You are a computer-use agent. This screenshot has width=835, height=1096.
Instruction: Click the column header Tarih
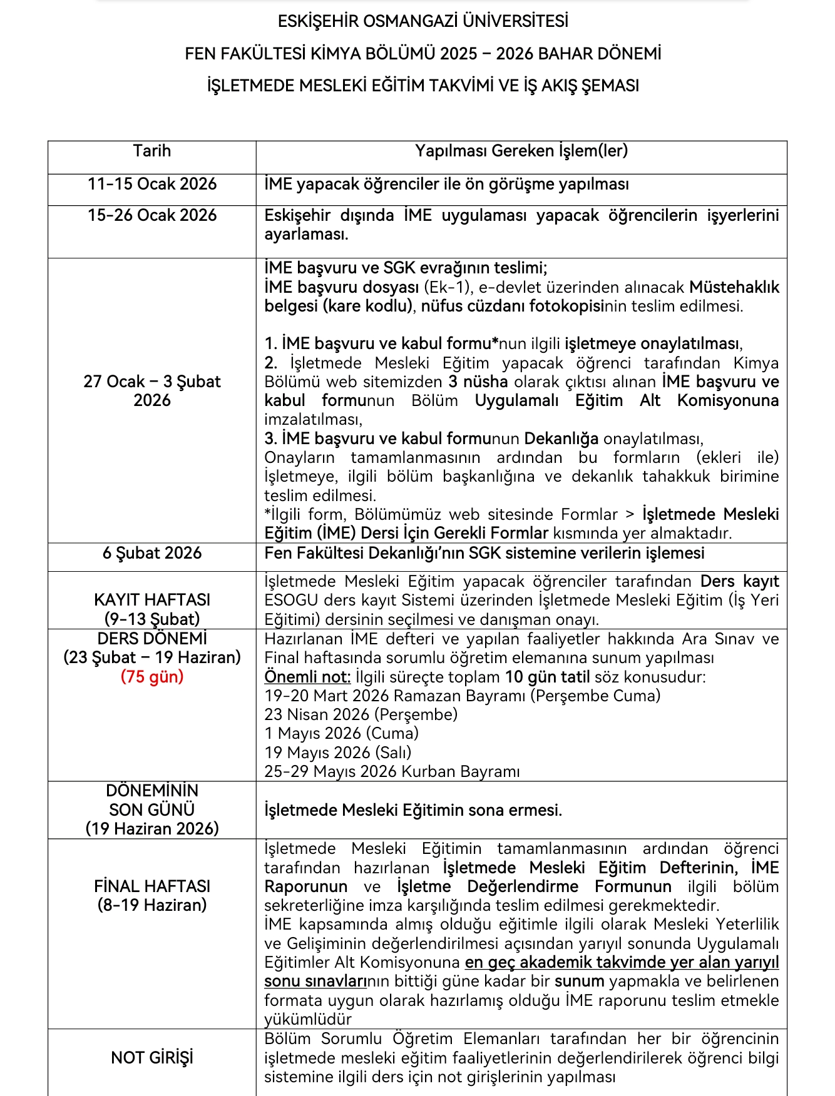[x=152, y=151]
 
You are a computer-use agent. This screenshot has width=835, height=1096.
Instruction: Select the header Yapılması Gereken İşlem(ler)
[x=521, y=151]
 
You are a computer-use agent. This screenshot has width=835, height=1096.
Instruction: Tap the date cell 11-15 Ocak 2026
[x=152, y=184]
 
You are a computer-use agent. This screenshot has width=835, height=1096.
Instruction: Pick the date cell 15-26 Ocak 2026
[x=152, y=215]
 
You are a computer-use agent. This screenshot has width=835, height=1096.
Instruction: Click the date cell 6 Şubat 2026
[x=152, y=553]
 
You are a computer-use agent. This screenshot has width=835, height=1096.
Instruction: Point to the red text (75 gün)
[x=152, y=677]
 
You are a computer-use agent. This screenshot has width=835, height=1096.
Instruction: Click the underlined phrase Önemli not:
[x=307, y=677]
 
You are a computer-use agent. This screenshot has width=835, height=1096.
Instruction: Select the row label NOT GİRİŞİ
[x=152, y=1057]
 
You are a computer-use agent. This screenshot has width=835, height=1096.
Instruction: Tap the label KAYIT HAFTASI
[x=152, y=599]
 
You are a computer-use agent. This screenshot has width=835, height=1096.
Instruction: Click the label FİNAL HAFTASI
[x=152, y=886]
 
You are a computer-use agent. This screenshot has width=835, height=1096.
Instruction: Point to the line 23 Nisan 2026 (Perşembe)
[x=361, y=714]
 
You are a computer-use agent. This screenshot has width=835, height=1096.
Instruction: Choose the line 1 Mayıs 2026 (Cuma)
[x=341, y=733]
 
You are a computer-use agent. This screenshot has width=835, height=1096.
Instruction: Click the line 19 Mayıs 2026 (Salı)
[x=338, y=753]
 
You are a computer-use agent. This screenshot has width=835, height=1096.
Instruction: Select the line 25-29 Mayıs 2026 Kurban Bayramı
[x=392, y=771]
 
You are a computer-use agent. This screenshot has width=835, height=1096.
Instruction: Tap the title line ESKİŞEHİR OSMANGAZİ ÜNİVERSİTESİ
[x=423, y=21]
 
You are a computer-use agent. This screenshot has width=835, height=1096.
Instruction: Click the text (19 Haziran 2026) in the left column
[x=152, y=828]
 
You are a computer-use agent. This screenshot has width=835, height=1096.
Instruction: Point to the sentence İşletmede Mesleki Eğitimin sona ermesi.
[x=413, y=810]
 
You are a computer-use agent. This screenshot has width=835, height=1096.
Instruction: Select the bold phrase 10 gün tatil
[x=547, y=677]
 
